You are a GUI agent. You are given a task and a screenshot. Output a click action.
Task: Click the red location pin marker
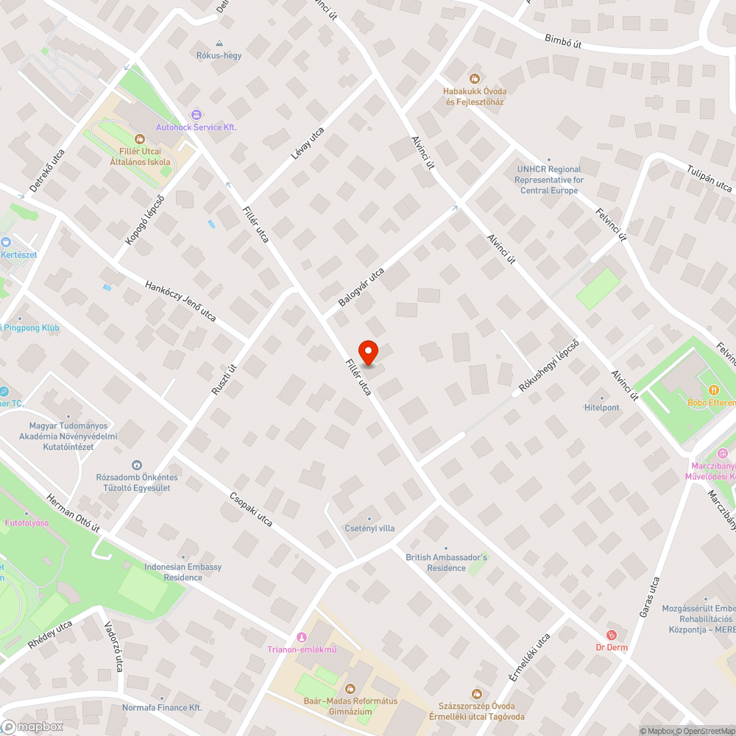(x=368, y=352)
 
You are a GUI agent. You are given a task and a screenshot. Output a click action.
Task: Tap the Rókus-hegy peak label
(x=219, y=55)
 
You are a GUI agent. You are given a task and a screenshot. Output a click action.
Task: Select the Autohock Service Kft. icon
(x=196, y=115)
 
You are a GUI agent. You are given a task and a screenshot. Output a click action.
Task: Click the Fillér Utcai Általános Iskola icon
(x=140, y=138)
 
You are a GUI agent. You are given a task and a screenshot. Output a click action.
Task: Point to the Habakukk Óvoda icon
(x=475, y=78)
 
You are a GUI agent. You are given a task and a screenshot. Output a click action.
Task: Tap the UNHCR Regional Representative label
(x=549, y=180)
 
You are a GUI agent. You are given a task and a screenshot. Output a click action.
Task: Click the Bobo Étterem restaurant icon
(x=712, y=389)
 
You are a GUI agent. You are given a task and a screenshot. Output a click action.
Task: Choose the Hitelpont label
(x=601, y=407)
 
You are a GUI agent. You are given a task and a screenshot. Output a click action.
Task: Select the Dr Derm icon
(x=611, y=634)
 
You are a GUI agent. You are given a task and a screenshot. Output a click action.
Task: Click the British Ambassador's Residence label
(x=446, y=562)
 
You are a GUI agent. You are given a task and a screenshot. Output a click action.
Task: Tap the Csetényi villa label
(x=369, y=528)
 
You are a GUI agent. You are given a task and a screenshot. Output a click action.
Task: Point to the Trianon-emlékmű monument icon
(x=300, y=637)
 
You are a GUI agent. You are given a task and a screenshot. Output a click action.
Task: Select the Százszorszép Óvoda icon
(x=476, y=693)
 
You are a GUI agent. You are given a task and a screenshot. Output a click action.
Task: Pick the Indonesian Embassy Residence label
(x=183, y=572)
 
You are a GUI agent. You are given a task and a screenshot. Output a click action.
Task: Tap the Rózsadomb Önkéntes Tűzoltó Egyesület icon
(x=136, y=464)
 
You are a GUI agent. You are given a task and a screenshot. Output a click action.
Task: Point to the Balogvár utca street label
(x=361, y=288)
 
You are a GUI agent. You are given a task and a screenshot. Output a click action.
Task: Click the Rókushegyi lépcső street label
(x=549, y=368)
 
